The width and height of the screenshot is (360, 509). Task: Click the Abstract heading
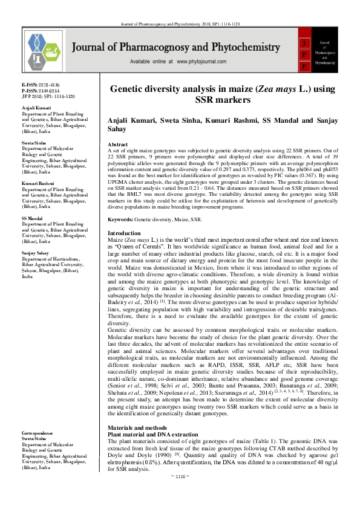117,145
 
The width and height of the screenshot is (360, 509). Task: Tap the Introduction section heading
124,216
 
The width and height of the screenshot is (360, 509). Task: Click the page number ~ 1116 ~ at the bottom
180,494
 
